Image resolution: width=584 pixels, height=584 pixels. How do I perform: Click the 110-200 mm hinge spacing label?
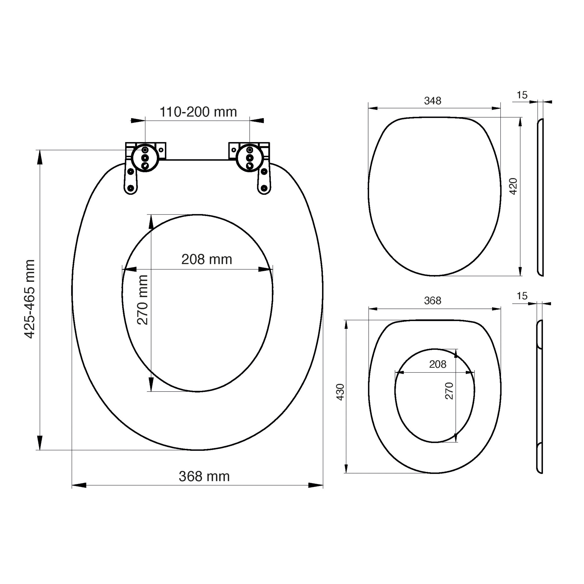(198, 112)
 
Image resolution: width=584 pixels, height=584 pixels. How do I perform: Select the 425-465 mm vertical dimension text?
(30, 299)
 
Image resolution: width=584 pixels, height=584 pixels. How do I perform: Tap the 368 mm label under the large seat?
(204, 476)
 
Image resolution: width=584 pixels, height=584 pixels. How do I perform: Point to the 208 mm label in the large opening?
(207, 259)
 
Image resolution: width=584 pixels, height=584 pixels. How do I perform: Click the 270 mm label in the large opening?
(142, 300)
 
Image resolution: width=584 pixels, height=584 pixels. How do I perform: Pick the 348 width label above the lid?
(433, 101)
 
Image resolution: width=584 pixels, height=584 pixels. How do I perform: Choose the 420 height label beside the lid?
(513, 186)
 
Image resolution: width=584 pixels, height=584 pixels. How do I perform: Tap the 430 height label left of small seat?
(340, 392)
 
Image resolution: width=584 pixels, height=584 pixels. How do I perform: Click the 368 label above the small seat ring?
(433, 301)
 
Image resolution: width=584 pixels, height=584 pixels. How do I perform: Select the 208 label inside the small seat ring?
(438, 364)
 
